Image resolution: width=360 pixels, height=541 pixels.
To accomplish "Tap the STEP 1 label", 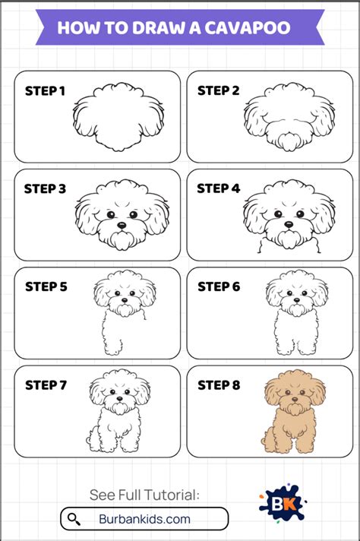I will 45,91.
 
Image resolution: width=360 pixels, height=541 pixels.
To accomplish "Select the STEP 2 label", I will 219,91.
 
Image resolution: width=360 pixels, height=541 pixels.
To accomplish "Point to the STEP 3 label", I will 45,188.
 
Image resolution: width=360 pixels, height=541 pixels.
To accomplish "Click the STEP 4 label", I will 219,188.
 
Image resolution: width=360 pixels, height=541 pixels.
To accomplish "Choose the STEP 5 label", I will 46,286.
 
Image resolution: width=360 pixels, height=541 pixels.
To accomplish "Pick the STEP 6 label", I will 219,286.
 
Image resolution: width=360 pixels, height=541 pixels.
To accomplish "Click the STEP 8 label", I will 219,385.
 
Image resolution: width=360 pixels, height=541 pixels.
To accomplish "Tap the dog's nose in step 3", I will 120,226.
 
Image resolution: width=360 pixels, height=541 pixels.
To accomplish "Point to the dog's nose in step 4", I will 289,226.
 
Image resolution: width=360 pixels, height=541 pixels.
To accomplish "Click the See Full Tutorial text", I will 144,495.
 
